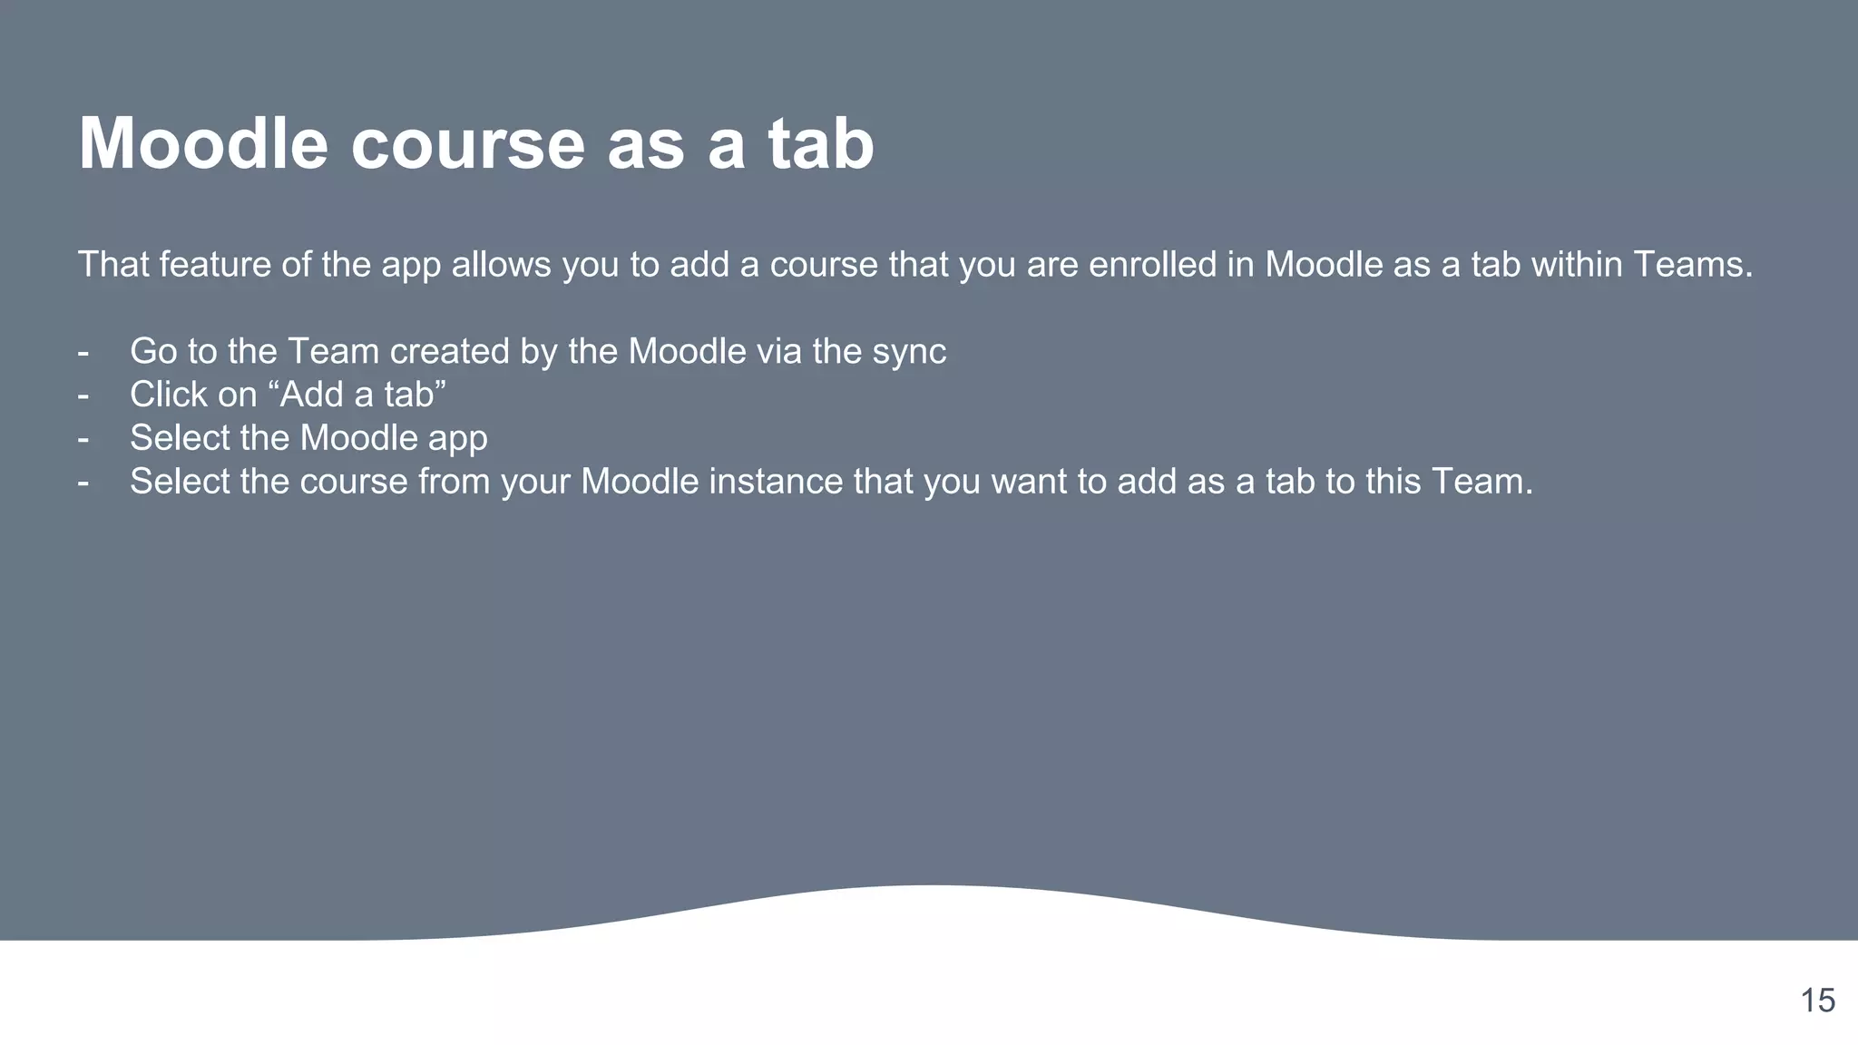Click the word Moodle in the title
click(203, 143)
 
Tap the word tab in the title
click(821, 143)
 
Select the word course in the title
click(468, 143)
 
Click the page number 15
click(1817, 1001)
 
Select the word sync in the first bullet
click(909, 352)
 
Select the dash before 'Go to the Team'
click(83, 352)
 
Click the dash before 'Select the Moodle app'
click(83, 439)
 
